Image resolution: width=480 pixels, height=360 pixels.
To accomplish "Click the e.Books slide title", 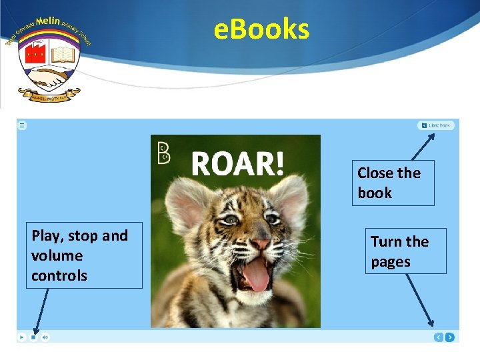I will tap(261, 29).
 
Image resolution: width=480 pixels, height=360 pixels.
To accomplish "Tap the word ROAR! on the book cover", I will tap(237, 163).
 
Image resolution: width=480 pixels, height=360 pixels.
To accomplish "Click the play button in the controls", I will tap(22, 337).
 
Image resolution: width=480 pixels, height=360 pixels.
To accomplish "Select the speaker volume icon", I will tap(45, 337).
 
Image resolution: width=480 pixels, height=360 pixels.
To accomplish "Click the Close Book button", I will tap(436, 125).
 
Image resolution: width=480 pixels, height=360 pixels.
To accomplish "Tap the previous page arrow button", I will tap(438, 337).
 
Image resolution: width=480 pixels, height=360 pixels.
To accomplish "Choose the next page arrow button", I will tap(450, 337).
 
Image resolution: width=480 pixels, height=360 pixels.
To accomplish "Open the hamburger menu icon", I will tap(22, 125).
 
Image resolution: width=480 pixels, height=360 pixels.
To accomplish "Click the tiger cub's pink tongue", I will tap(257, 275).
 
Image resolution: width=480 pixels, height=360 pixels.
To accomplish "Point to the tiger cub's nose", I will tap(259, 244).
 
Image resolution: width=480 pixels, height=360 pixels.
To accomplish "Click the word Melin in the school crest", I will tap(48, 21).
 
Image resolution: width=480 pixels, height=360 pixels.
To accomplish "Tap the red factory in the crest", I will tap(35, 53).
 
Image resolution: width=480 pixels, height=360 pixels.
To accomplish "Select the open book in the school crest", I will tap(62, 53).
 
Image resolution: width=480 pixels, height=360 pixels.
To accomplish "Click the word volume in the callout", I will tap(57, 255).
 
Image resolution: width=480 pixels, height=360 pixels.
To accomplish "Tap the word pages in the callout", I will tap(391, 262).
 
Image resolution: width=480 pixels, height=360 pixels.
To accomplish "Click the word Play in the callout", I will tap(45, 236).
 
